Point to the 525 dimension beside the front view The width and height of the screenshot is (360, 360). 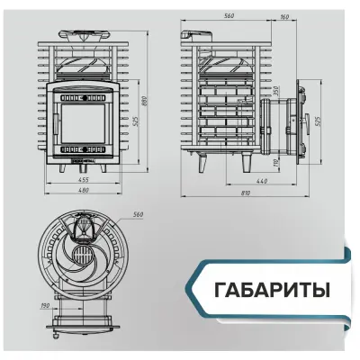[134, 121]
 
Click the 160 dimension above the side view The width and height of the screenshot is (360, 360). [284, 16]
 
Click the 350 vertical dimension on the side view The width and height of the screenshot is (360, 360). [276, 91]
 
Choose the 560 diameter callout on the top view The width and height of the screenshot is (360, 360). [138, 216]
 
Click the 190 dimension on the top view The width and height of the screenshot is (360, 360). [46, 305]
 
